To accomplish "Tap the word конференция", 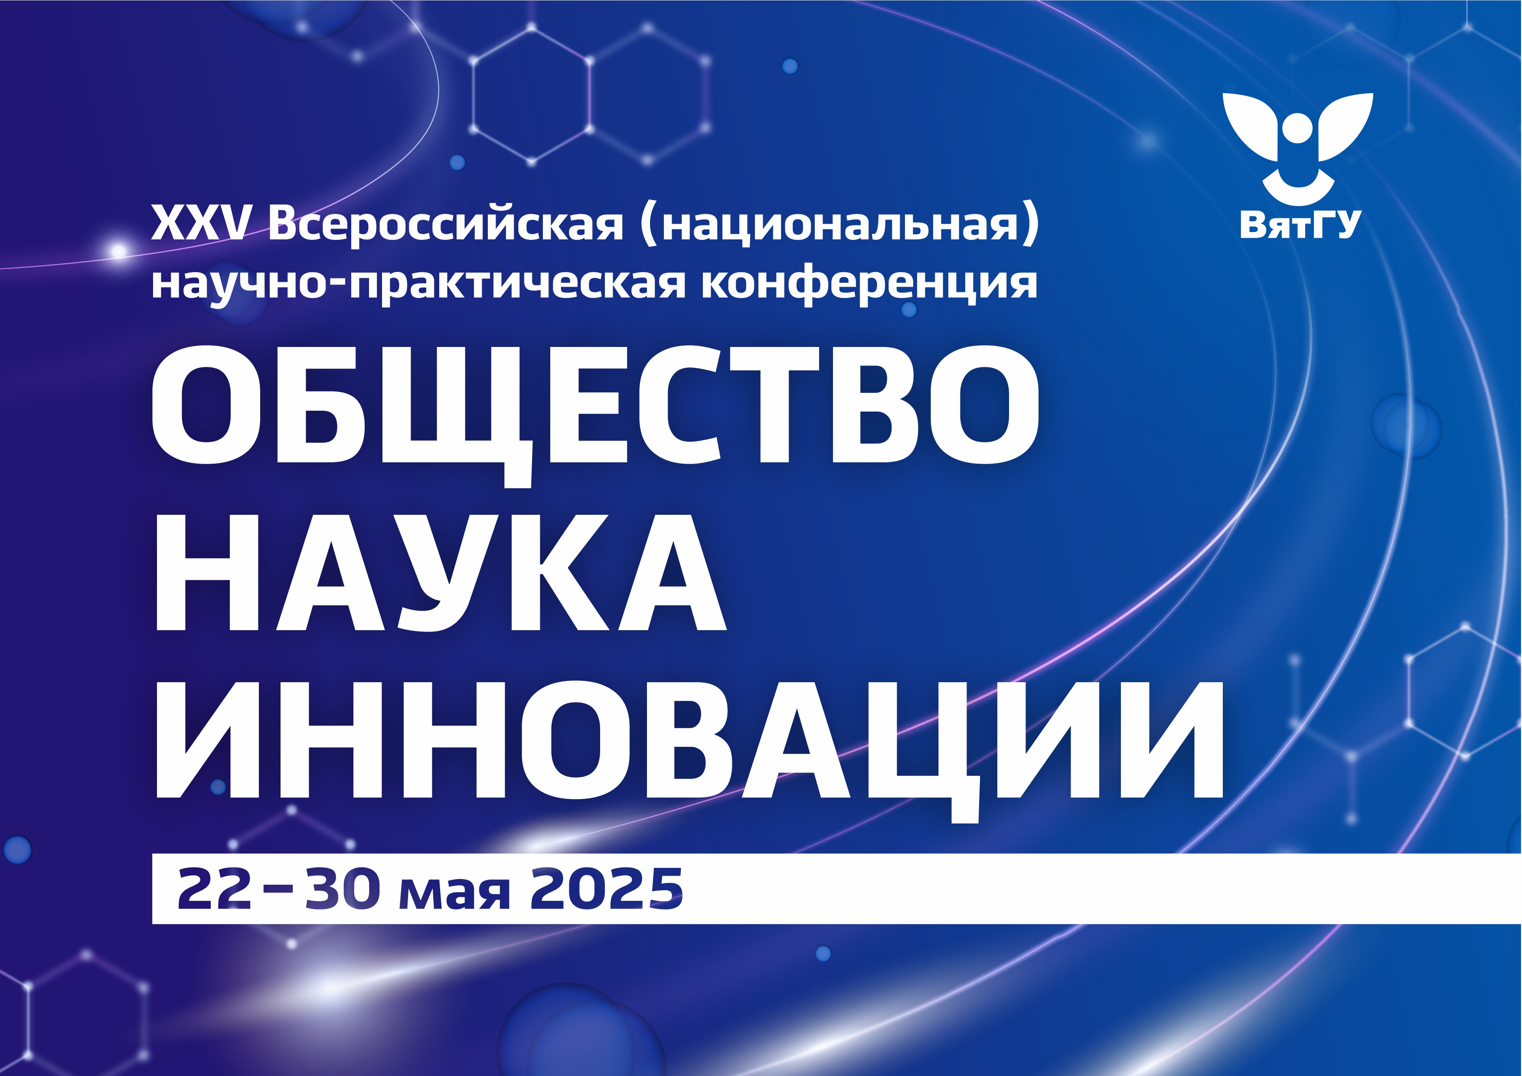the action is [869, 283].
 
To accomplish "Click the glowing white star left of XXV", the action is [119, 251].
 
